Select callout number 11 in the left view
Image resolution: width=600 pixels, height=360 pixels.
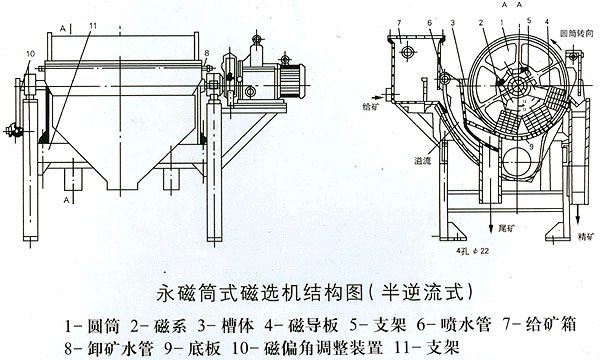(x=93, y=22)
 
